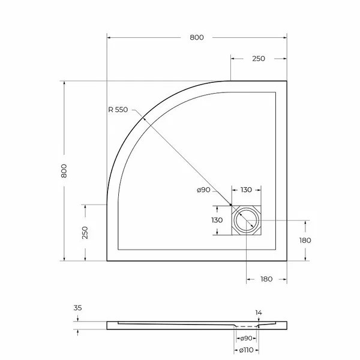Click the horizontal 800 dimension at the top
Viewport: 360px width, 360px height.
(x=197, y=37)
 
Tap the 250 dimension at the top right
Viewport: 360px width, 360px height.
(x=258, y=58)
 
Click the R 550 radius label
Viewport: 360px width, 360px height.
(x=118, y=110)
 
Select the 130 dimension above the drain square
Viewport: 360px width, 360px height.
(x=246, y=190)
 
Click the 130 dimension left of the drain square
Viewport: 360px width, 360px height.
(x=217, y=220)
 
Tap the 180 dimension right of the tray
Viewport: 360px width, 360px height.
(x=305, y=240)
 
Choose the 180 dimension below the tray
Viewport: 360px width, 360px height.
(x=266, y=279)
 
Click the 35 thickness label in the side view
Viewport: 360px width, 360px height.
(x=77, y=308)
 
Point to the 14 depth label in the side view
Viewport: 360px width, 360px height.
(x=259, y=312)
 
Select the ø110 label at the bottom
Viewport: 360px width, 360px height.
(x=247, y=350)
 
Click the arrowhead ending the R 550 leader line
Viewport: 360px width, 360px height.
(x=231, y=206)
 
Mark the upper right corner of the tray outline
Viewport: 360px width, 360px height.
(x=286, y=81)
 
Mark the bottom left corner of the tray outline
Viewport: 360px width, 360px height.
(x=107, y=261)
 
